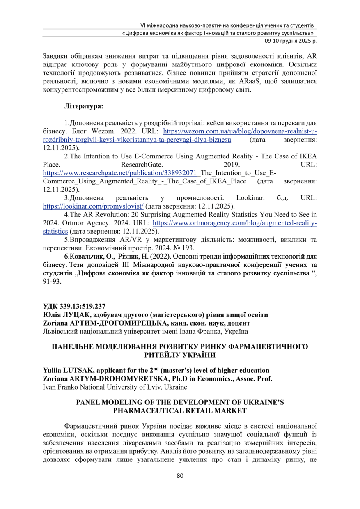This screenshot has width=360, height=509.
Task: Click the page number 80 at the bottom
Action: pos(179,476)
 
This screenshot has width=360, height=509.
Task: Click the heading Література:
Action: pos(84,106)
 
